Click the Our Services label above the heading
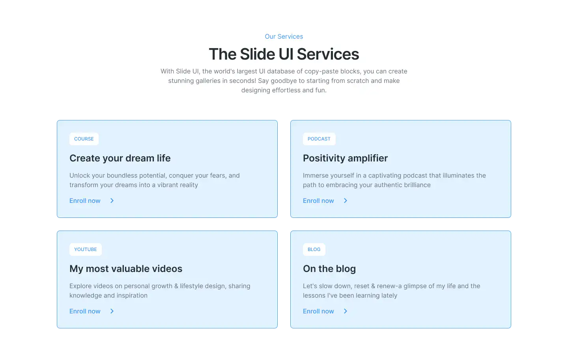(284, 37)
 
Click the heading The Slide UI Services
(284, 54)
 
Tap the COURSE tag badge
(84, 139)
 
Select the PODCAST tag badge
(319, 139)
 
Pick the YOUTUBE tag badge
(86, 249)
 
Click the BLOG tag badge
(314, 249)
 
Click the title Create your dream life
(120, 158)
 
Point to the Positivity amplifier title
(345, 158)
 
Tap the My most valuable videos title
(126, 269)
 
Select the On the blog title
(329, 269)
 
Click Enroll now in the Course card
(85, 201)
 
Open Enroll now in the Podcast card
(318, 201)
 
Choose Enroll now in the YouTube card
(85, 311)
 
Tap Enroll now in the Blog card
(318, 311)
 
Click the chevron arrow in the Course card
(112, 201)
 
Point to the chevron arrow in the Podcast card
(346, 201)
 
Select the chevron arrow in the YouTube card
(112, 311)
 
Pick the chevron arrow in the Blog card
(346, 311)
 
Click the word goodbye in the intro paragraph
(283, 81)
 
